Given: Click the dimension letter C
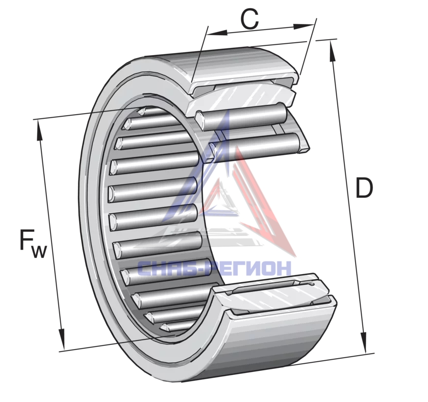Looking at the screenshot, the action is click(x=249, y=19).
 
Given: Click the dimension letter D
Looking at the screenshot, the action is click(x=364, y=187).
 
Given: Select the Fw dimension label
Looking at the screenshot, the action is click(x=33, y=244).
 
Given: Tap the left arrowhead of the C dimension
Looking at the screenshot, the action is click(x=217, y=33).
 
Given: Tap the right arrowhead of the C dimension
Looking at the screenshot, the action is click(x=303, y=26).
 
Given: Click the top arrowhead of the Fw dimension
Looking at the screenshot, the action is click(x=39, y=130).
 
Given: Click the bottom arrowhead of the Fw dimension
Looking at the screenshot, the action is click(x=62, y=339).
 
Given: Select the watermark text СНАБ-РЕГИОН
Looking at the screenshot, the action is click(x=214, y=268).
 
